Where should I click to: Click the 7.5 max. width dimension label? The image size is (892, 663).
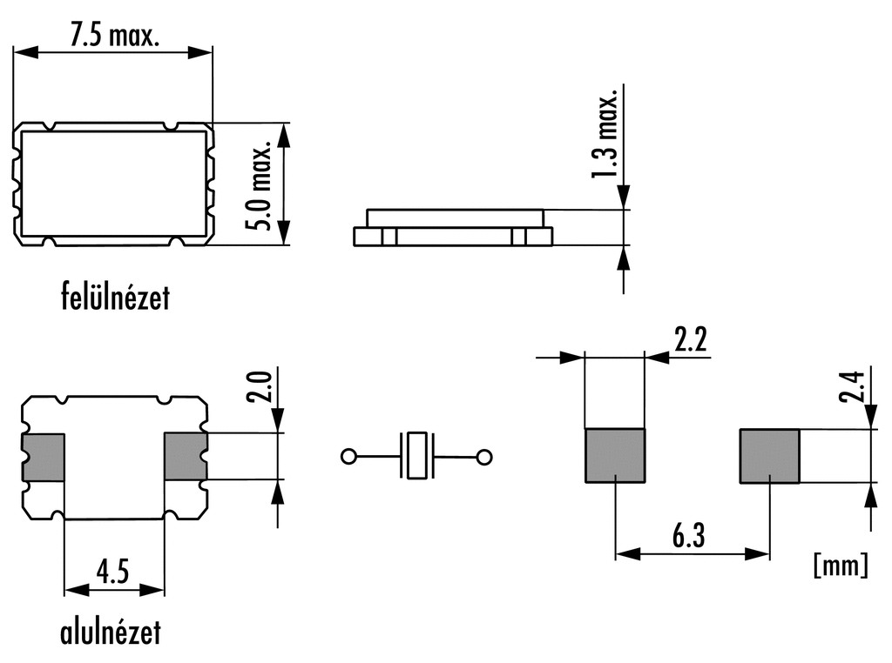coord(114,36)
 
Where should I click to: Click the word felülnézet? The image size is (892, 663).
coord(115,298)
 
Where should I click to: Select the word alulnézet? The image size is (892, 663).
coord(111,632)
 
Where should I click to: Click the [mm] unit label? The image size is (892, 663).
coord(840,566)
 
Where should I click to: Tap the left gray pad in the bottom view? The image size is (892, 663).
coord(44,457)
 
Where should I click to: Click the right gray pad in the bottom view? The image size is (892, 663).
coord(185,457)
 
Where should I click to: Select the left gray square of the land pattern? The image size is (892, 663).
coord(614,455)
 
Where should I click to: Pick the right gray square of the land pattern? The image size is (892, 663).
coord(769,455)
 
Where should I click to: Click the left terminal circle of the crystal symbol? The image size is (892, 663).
coord(348,456)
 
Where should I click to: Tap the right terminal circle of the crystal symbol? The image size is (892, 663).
coord(484,456)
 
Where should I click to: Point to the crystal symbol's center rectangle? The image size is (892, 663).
coord(416,455)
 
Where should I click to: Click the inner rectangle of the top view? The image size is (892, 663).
coord(115,184)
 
